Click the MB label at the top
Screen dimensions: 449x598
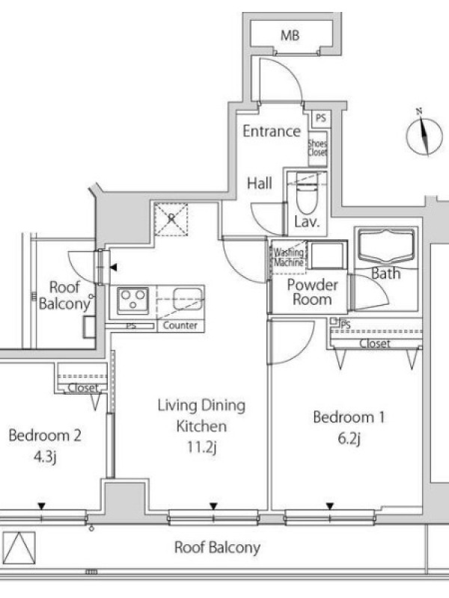[290, 35]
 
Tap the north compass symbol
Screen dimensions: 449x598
[424, 134]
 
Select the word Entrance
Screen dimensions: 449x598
[272, 132]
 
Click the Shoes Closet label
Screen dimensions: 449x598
[317, 148]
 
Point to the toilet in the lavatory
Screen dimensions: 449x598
[307, 193]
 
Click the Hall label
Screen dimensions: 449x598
[260, 183]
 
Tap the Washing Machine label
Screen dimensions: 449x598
[289, 257]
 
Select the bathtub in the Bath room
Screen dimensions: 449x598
[386, 246]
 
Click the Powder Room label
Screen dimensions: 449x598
[312, 292]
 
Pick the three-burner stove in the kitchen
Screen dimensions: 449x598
[132, 300]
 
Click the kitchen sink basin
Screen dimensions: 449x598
[188, 298]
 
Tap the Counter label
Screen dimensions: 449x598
[180, 325]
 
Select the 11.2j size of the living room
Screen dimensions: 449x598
[201, 447]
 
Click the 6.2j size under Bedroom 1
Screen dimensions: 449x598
[349, 439]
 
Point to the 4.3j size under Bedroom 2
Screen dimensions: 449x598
[45, 457]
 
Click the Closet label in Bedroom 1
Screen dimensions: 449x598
[375, 344]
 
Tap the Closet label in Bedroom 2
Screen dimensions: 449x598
[83, 388]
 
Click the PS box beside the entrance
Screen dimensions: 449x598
[321, 118]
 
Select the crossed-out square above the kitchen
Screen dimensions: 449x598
[171, 219]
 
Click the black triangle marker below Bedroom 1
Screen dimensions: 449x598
[330, 507]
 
